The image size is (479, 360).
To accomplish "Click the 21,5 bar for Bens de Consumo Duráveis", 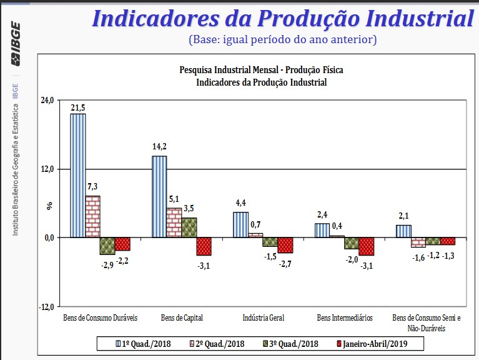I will [x=78, y=176].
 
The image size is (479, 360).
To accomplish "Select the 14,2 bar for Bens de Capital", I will [x=159, y=196].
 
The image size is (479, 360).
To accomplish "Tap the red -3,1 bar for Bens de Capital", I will [x=204, y=246].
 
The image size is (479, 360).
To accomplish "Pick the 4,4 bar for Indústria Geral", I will [x=240, y=224].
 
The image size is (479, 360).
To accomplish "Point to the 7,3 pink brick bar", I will [x=92, y=216].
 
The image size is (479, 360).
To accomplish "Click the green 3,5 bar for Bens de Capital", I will [x=189, y=227].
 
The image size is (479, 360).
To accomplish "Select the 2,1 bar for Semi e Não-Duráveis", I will [x=403, y=231].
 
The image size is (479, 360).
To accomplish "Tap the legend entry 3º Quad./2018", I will [x=291, y=343].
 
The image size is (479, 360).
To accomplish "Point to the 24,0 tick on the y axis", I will [x=47, y=100].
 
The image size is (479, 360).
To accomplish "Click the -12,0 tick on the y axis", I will [x=46, y=306].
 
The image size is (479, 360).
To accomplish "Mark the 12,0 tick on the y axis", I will [x=47, y=169].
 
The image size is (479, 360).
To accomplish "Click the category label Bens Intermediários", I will [x=345, y=317].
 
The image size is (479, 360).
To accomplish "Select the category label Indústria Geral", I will [x=263, y=317].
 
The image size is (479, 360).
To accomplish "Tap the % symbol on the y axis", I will [x=50, y=205].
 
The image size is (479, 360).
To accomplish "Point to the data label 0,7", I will [x=255, y=224].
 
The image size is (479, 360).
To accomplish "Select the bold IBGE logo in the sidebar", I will [x=16, y=44].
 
